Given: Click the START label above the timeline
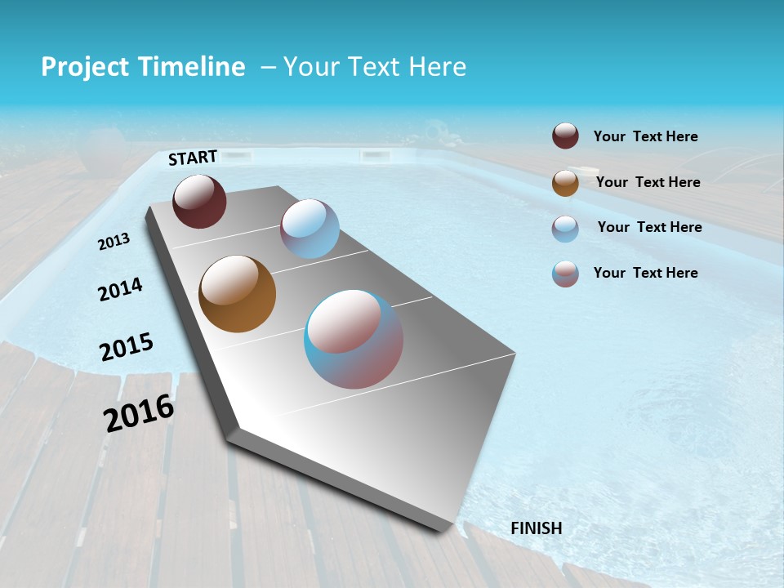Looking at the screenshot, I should pyautogui.click(x=193, y=158).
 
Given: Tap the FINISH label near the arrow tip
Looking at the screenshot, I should pyautogui.click(x=536, y=528).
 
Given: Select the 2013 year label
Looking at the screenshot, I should pyautogui.click(x=114, y=241).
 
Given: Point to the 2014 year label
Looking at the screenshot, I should pyautogui.click(x=120, y=289).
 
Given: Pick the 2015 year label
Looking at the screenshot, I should pyautogui.click(x=127, y=346).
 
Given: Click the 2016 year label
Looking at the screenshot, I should pyautogui.click(x=139, y=413).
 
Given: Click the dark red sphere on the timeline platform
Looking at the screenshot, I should pyautogui.click(x=199, y=201).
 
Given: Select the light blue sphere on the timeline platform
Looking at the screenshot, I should pyautogui.click(x=310, y=229).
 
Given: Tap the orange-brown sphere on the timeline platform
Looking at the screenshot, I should pyautogui.click(x=237, y=294).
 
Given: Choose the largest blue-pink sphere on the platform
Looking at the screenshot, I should pyautogui.click(x=354, y=339).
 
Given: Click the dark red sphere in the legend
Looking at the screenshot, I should pyautogui.click(x=565, y=136).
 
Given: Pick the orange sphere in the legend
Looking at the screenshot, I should pyautogui.click(x=565, y=182).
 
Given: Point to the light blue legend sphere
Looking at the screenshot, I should pyautogui.click(x=565, y=228).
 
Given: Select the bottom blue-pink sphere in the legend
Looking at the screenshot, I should pyautogui.click(x=565, y=274).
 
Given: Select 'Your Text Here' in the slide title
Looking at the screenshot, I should pyautogui.click(x=375, y=67).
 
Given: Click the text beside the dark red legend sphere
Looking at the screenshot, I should pyautogui.click(x=645, y=137).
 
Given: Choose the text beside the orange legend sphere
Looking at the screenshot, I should pyautogui.click(x=648, y=182).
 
